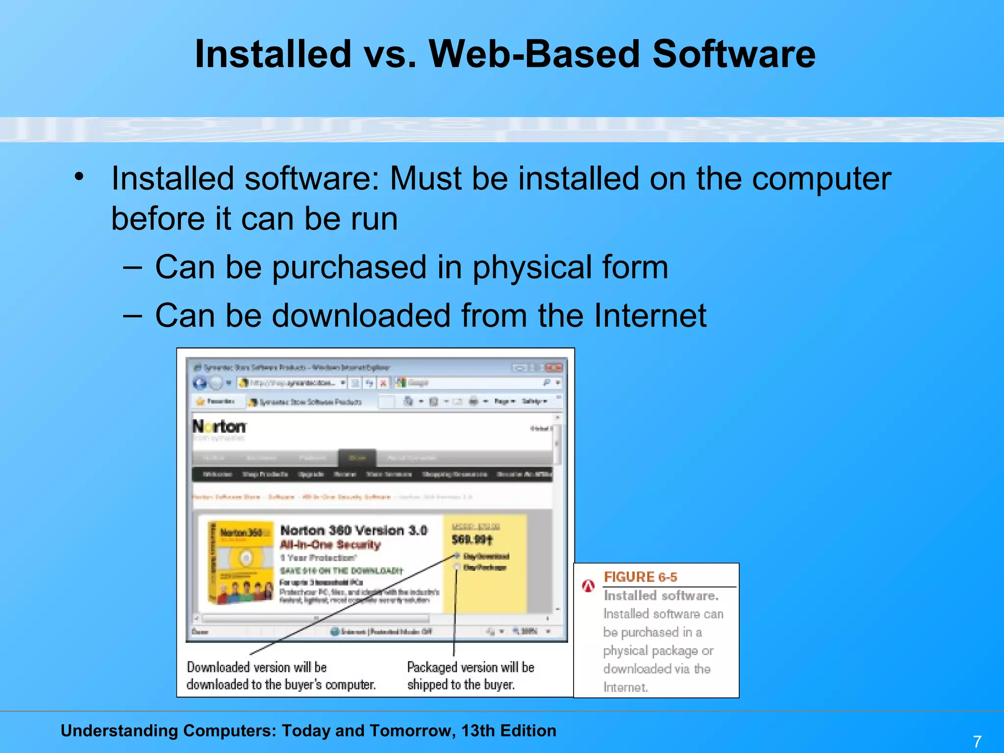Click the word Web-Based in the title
tap(534, 54)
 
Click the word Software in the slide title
tap(733, 54)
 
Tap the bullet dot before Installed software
tap(79, 176)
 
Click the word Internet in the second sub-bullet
tap(650, 315)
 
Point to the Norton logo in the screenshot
tap(219, 427)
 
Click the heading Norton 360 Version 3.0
tap(353, 530)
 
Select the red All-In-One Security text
tap(330, 545)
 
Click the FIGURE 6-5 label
tap(640, 577)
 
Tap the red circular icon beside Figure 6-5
tap(588, 585)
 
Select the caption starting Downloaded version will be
tap(281, 676)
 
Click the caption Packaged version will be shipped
tap(470, 676)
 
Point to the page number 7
tap(977, 741)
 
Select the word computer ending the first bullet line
tap(821, 179)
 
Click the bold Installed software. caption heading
tap(661, 596)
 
